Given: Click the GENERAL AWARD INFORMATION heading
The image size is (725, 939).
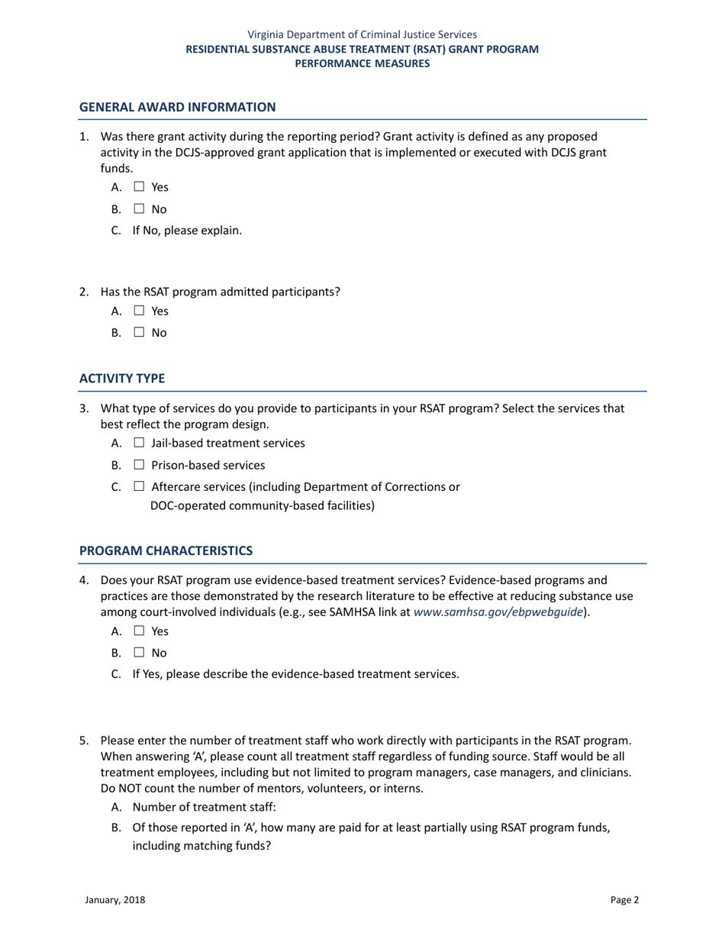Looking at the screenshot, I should coord(178,108).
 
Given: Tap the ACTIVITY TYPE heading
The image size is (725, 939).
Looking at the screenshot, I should coord(122,379).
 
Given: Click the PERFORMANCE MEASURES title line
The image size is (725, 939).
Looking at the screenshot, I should coord(362,64).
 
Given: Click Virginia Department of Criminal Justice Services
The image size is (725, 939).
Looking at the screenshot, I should coord(362,34).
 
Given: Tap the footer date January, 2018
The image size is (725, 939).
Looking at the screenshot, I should coord(114,900).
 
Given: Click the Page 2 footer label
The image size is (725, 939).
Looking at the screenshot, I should coord(625,900).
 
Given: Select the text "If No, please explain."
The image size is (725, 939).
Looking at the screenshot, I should coord(188,231).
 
